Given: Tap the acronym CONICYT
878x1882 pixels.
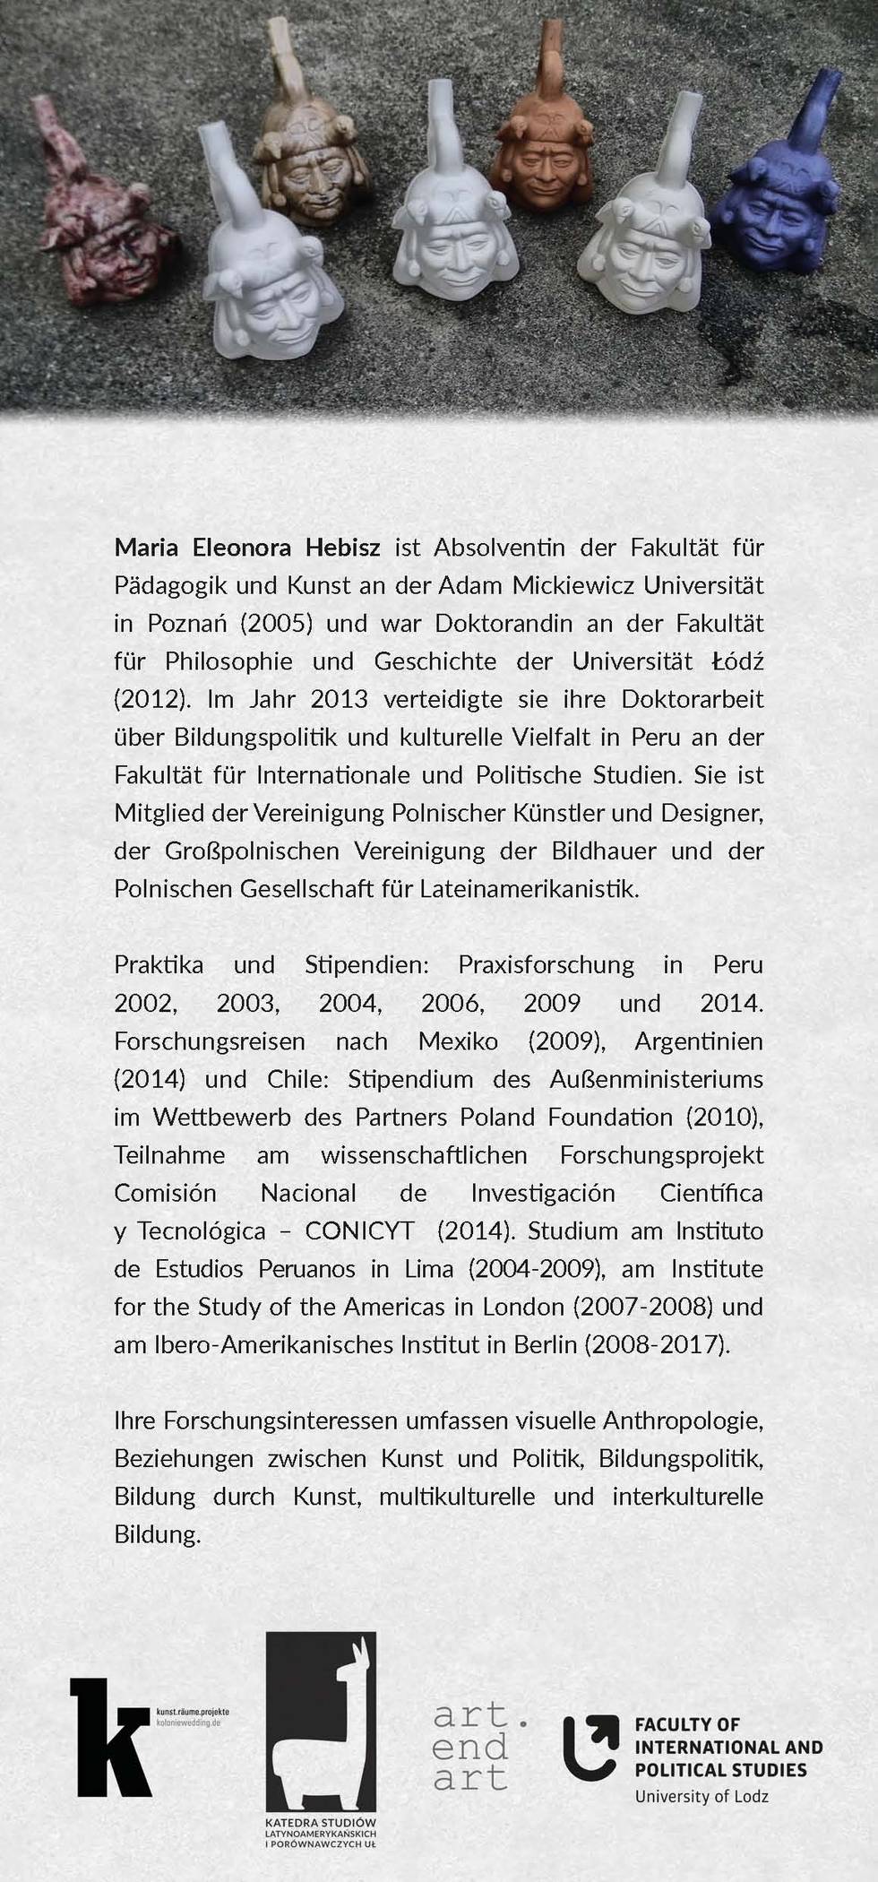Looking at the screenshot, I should pos(359,1230).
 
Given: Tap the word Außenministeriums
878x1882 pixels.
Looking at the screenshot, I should pos(656,1079).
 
